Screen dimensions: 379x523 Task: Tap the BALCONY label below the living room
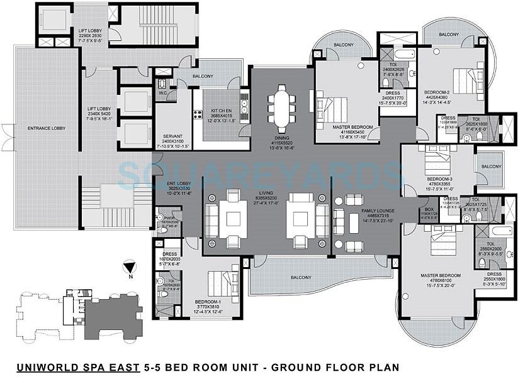[301, 277]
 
